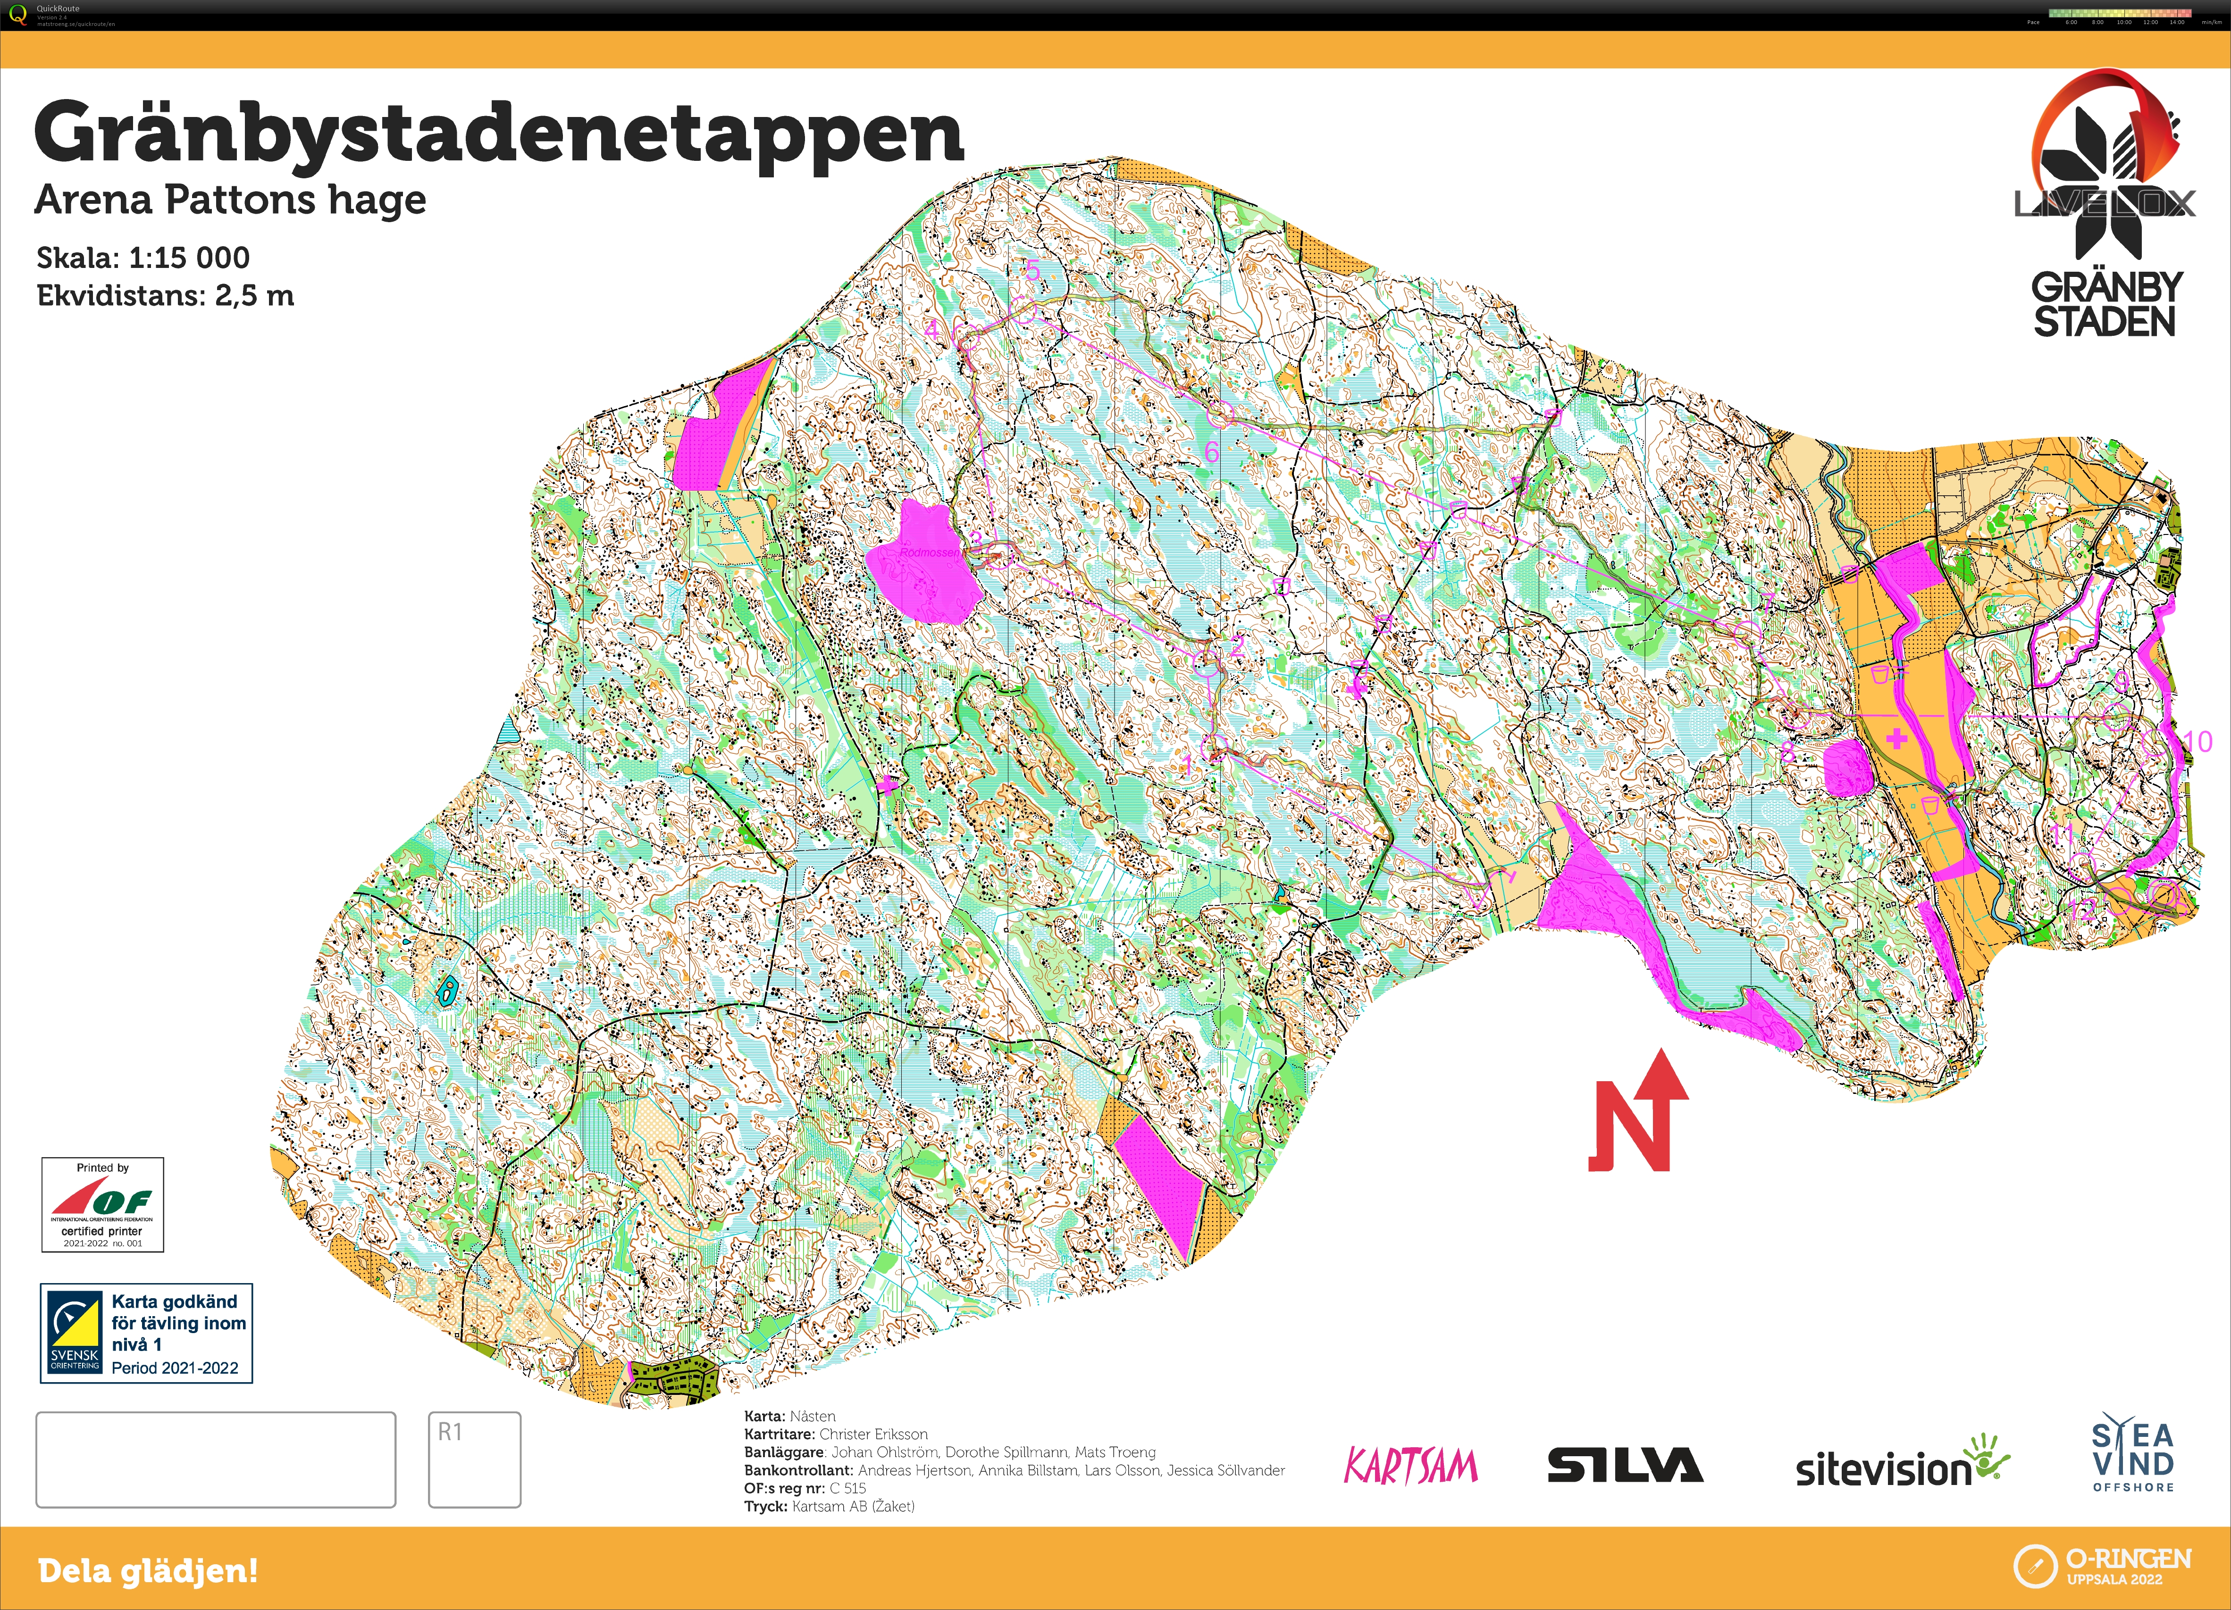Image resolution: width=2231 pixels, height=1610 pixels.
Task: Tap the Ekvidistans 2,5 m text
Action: point(165,296)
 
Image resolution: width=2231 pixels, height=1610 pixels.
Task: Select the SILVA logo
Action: point(1625,1466)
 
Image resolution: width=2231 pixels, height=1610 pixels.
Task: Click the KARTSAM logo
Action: point(1410,1466)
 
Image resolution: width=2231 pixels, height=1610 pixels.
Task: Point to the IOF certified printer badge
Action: point(102,1205)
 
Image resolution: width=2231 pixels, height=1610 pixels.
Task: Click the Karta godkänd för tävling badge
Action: point(147,1334)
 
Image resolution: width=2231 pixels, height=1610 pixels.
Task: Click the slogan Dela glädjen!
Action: point(148,1571)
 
